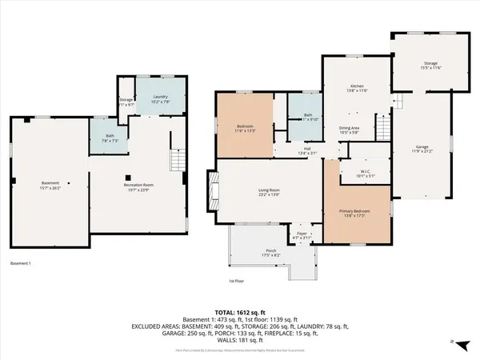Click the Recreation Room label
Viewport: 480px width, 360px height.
click(137, 187)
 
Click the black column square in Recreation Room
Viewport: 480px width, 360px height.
click(127, 177)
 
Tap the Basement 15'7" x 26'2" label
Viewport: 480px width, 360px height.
click(50, 187)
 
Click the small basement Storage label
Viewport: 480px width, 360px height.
click(126, 101)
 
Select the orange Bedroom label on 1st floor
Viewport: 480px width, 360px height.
click(246, 129)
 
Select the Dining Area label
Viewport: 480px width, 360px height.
click(349, 130)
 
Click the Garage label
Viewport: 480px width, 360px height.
click(422, 149)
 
